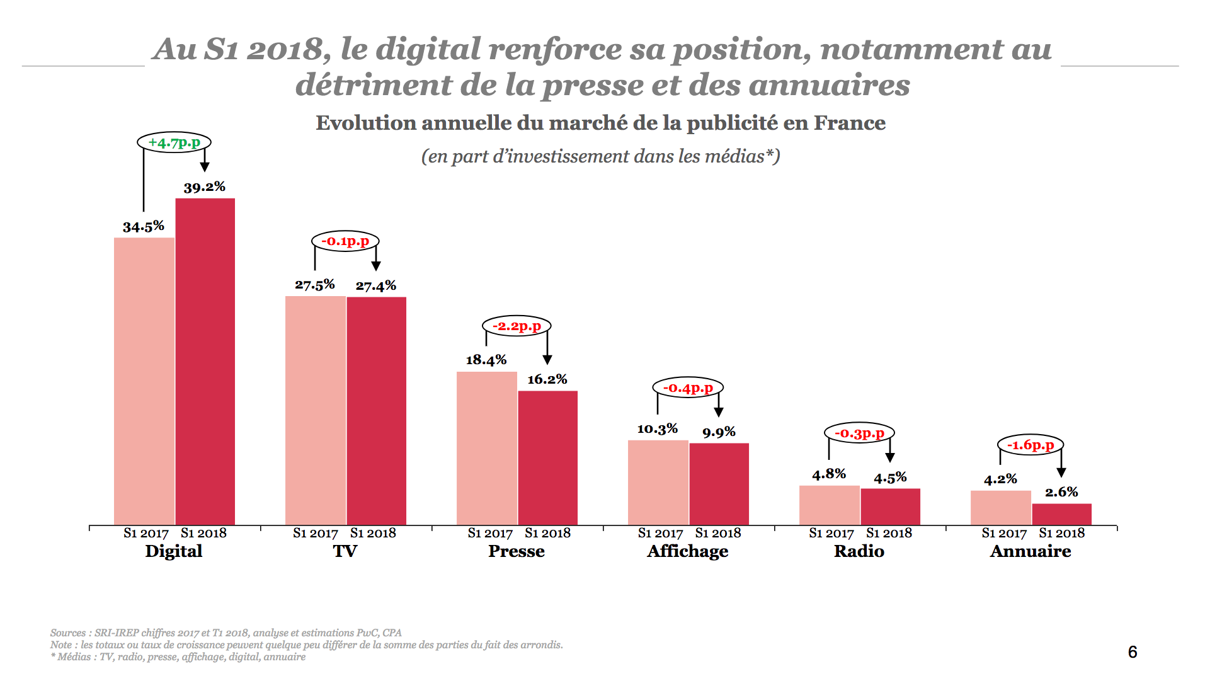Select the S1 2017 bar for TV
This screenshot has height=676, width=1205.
tap(315, 410)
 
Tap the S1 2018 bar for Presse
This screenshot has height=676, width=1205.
tap(547, 457)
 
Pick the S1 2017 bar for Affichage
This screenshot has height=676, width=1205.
tap(658, 483)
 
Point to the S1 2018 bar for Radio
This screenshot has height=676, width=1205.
tap(890, 507)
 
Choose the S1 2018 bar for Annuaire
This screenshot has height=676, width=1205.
tap(1061, 514)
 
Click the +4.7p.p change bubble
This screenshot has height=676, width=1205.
tap(174, 143)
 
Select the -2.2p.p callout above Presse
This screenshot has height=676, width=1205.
tap(517, 326)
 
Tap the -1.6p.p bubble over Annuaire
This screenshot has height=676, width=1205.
tap(1031, 445)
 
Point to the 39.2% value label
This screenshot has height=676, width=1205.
tap(204, 187)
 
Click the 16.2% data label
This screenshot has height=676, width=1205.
tap(547, 379)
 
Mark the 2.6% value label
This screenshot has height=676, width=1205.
tap(1061, 492)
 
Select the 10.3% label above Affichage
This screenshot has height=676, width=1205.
tap(657, 429)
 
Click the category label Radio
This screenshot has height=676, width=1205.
tap(859, 551)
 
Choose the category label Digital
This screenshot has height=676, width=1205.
tap(173, 551)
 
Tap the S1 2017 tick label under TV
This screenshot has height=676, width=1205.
tap(315, 533)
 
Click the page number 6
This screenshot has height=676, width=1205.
tap(1132, 652)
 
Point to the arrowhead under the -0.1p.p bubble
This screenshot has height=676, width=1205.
tap(376, 266)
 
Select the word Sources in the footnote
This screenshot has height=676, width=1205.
tap(68, 633)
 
